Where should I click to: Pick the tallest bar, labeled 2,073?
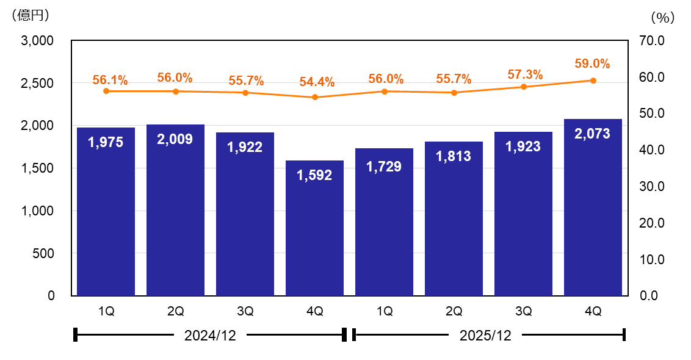(593, 207)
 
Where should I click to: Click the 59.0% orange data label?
(592, 63)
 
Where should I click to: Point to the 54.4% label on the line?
(316, 82)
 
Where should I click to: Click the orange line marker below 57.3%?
(523, 87)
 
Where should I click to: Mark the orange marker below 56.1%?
(106, 91)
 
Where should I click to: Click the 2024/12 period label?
(209, 335)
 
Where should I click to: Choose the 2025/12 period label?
(485, 335)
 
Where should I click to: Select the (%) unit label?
(662, 18)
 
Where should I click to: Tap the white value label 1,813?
(454, 156)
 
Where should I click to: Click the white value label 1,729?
(384, 166)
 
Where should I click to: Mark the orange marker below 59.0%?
(593, 81)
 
